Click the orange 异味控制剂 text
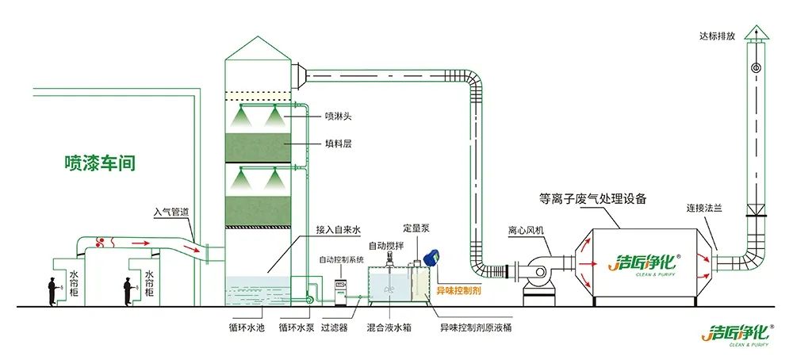pos(465,291)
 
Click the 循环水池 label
pos(243,327)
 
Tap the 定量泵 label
pos(416,228)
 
